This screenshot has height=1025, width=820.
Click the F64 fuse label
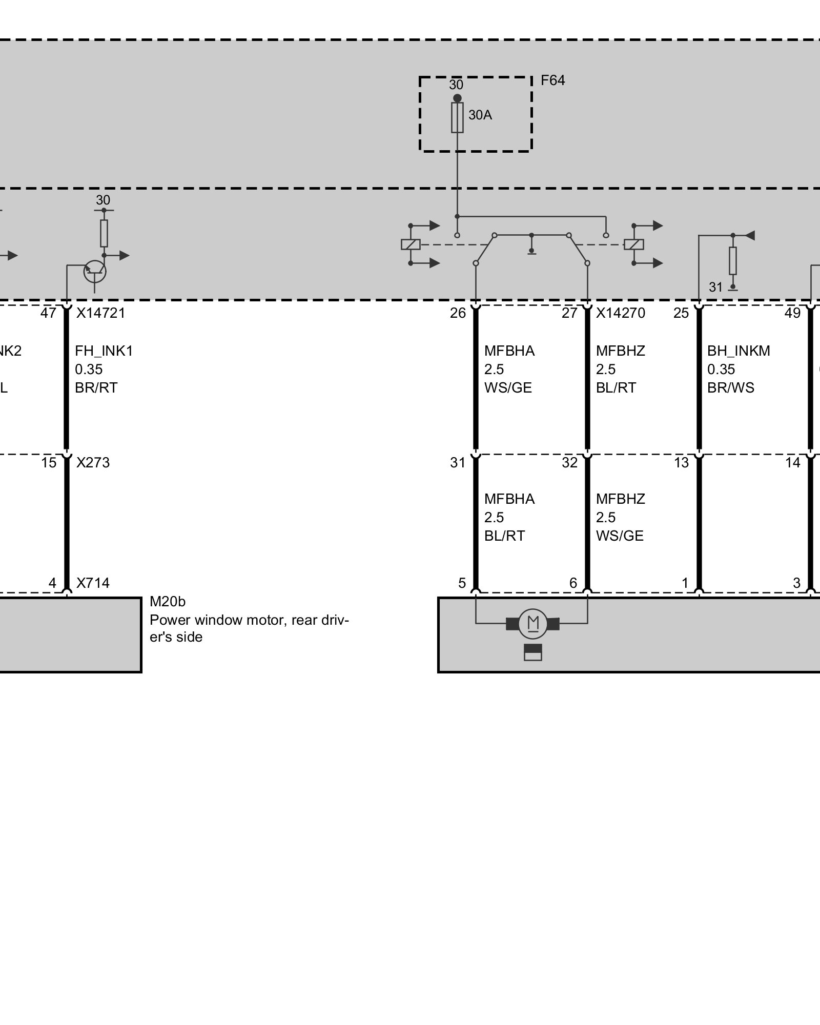pyautogui.click(x=552, y=80)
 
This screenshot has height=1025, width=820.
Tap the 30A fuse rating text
pyautogui.click(x=480, y=115)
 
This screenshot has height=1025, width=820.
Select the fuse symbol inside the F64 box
pyautogui.click(x=457, y=118)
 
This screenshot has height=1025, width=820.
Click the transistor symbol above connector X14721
pyautogui.click(x=95, y=271)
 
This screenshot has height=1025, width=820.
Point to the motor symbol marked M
pyautogui.click(x=533, y=624)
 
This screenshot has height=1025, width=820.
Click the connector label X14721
pyautogui.click(x=100, y=313)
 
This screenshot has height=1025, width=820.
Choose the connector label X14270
pyautogui.click(x=620, y=313)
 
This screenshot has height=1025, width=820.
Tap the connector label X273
pyautogui.click(x=93, y=463)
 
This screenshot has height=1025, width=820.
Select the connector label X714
pyautogui.click(x=93, y=583)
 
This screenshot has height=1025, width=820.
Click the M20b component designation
pyautogui.click(x=167, y=601)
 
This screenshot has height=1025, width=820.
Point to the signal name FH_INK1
pyautogui.click(x=104, y=351)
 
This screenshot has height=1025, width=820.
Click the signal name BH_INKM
pyautogui.click(x=739, y=351)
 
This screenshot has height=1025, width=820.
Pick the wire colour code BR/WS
pyautogui.click(x=730, y=388)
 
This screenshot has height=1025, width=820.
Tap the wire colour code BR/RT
pyautogui.click(x=96, y=388)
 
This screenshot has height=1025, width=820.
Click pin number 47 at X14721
pyautogui.click(x=48, y=313)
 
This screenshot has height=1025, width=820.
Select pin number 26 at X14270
pyautogui.click(x=458, y=313)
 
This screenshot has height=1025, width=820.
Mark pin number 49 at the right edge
pyautogui.click(x=792, y=313)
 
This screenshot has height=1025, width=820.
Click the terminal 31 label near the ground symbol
pyautogui.click(x=715, y=288)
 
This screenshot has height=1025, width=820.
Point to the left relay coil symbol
pyautogui.click(x=411, y=244)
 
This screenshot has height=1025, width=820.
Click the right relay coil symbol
pyautogui.click(x=634, y=244)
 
